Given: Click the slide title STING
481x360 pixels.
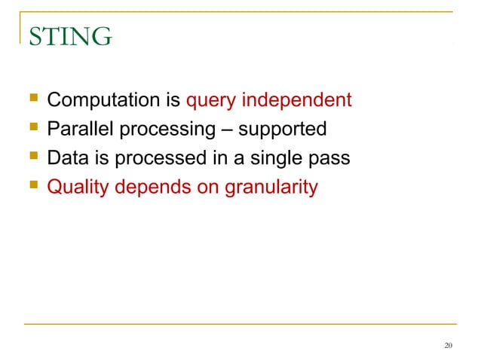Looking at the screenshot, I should [69, 35].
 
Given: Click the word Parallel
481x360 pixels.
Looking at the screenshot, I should [78, 130].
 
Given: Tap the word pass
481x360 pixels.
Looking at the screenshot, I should [329, 158].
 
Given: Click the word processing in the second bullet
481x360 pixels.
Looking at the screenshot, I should [165, 130].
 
